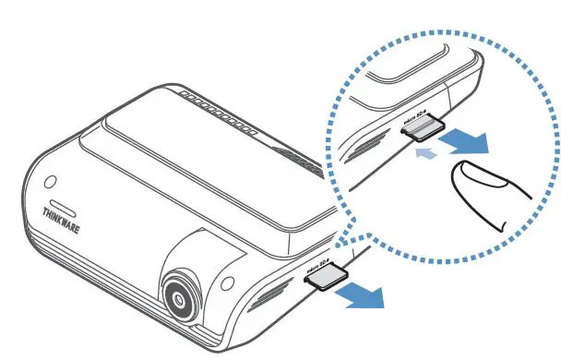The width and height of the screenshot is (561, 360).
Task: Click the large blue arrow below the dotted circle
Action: click(357, 294)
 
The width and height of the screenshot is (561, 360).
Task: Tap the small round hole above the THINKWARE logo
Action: click(51, 180)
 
